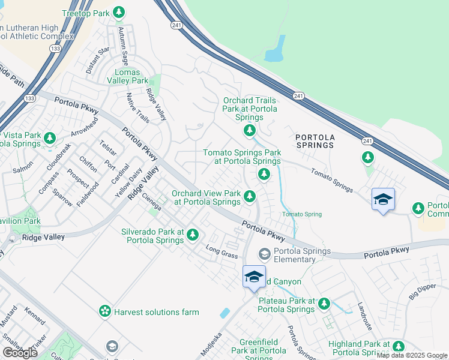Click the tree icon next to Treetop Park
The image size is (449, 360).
[119, 13]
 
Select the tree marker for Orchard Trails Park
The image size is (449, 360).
[250, 130]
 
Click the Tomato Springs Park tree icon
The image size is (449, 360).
[263, 174]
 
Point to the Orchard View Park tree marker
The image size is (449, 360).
[249, 196]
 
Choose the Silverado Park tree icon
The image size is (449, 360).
[192, 235]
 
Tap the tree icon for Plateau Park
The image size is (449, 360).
[324, 304]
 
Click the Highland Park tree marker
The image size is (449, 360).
[398, 346]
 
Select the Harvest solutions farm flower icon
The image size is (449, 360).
[105, 311]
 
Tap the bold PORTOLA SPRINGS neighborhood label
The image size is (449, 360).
[315, 141]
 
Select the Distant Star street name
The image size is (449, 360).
[97, 60]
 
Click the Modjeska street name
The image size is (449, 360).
[211, 344]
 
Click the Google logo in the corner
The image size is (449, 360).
[20, 352]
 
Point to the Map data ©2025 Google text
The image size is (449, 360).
[412, 355]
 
